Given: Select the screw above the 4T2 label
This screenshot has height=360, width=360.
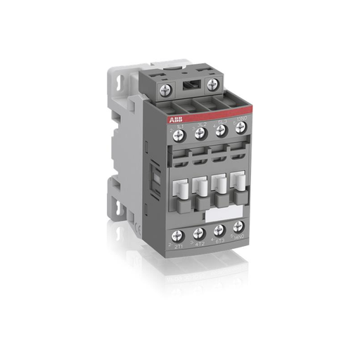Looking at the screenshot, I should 199,232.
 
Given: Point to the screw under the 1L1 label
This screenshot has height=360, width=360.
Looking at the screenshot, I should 179,134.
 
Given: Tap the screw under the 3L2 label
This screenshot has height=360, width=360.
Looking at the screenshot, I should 200,131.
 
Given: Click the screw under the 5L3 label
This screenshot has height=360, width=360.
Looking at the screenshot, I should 220,129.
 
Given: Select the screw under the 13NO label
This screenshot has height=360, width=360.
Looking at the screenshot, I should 240,127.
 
